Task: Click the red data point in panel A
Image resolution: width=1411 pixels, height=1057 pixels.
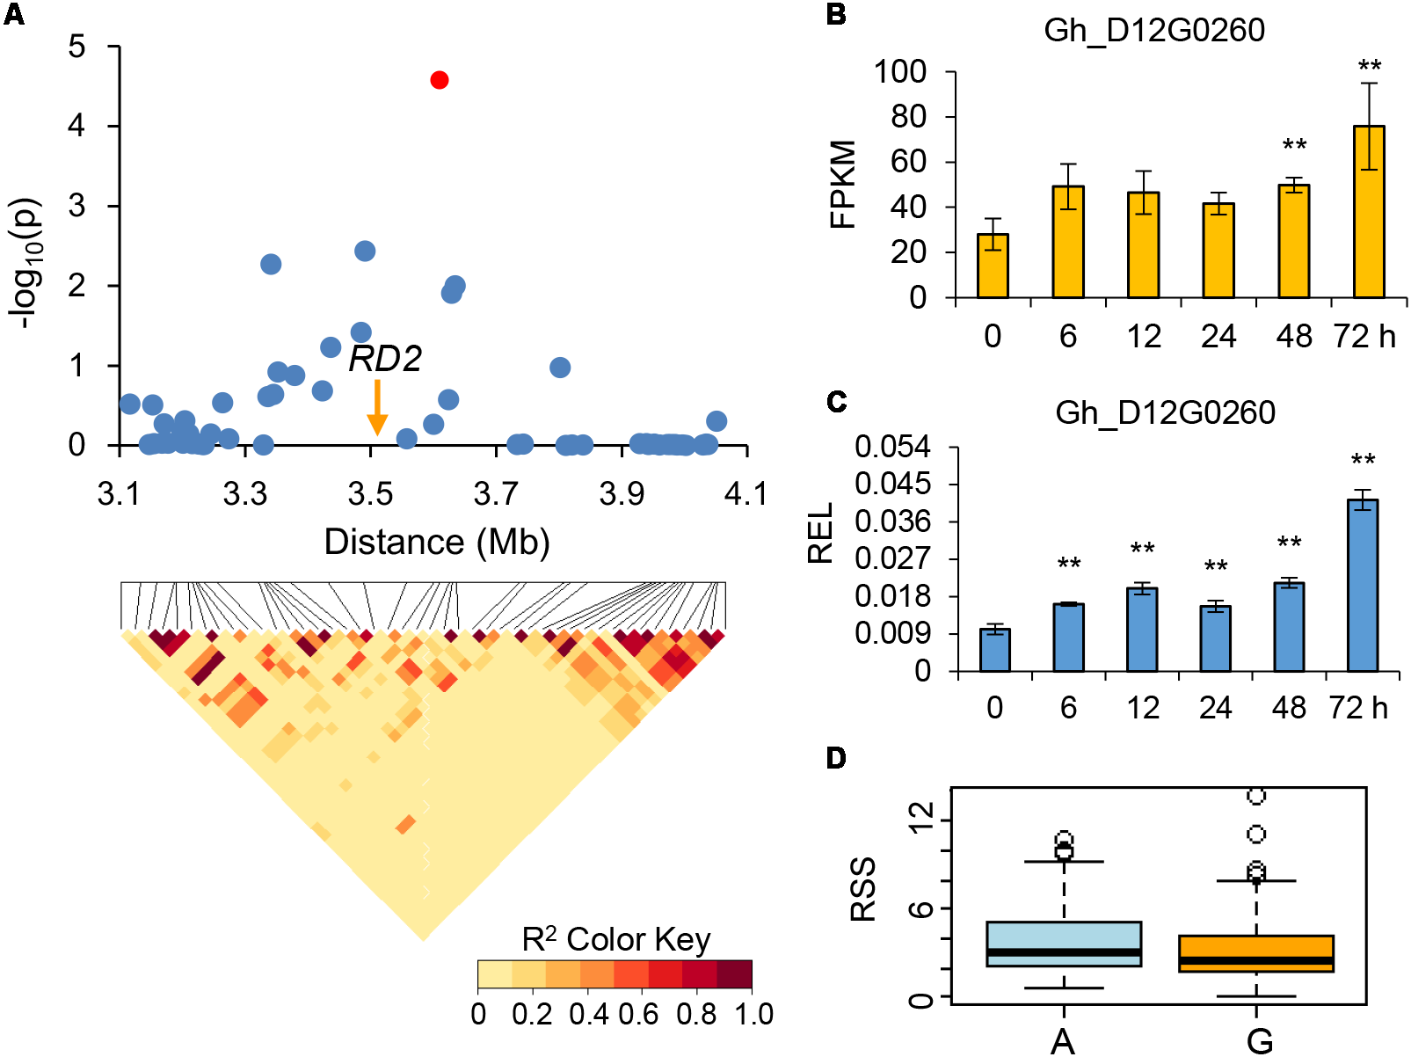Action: pos(440,80)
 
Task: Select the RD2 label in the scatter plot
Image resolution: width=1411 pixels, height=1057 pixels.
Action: pos(385,359)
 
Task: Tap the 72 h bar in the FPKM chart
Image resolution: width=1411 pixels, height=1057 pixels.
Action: pos(1369,212)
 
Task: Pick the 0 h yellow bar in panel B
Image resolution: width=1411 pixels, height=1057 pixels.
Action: pos(993,266)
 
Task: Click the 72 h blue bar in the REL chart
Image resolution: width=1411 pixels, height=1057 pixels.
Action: pos(1363,586)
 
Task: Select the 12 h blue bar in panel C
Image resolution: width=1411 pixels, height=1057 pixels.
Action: pos(1142,630)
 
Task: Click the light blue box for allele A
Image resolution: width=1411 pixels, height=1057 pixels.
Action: pos(1064,944)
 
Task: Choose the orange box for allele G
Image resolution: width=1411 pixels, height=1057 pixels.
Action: pos(1256,953)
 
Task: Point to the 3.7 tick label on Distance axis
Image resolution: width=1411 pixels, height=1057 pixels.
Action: pos(496,494)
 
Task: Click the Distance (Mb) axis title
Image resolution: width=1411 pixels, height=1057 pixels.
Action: pos(437,542)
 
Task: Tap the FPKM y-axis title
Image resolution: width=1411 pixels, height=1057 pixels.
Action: pos(842,184)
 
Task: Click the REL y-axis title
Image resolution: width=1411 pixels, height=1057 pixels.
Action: pos(820,533)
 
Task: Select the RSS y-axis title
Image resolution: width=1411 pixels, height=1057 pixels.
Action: pos(863,889)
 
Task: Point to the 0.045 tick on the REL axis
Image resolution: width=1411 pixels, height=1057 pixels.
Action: pos(892,484)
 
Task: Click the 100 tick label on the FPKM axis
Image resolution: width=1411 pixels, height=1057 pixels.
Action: pos(899,72)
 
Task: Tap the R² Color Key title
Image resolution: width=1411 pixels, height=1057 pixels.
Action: pos(615,939)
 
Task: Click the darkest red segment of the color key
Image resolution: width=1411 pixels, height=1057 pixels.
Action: pos(735,974)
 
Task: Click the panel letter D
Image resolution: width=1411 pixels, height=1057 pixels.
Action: pos(836,757)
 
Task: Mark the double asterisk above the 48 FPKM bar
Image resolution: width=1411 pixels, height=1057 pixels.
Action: pos(1294,145)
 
